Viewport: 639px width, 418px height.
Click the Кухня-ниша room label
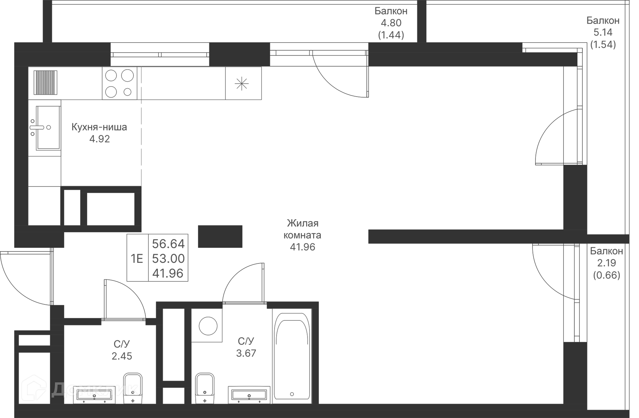tap(99, 127)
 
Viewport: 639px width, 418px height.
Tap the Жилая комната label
tap(302, 229)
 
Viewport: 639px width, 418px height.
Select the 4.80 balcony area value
tap(391, 23)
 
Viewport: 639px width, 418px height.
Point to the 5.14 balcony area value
tap(603, 32)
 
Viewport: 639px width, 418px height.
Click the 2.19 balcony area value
tap(606, 263)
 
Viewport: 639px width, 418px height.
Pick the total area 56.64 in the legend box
tap(168, 244)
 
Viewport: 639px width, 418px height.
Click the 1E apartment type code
tap(137, 258)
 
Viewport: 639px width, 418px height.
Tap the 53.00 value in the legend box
tap(168, 258)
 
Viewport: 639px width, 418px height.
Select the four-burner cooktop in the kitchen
tap(119, 83)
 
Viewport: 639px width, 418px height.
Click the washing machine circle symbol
tap(208, 325)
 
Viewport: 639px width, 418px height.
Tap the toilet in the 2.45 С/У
tap(133, 388)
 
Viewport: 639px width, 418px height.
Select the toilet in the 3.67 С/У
tap(205, 388)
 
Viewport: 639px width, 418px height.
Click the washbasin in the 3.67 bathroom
tap(249, 395)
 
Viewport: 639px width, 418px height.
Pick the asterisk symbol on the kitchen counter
tap(242, 83)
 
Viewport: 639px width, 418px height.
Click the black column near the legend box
tap(220, 236)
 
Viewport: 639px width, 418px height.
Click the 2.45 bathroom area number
tap(122, 356)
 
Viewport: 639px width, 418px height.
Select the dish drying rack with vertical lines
tap(46, 83)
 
